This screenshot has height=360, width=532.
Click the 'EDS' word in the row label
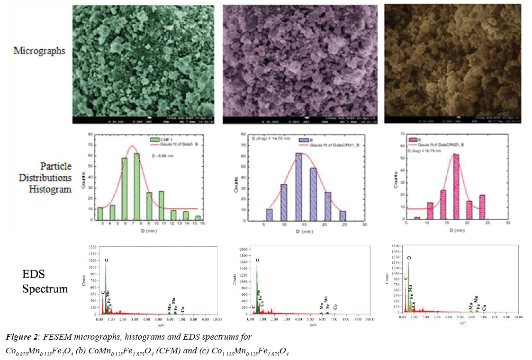tap(34, 274)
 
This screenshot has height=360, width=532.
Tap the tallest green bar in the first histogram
tap(137, 187)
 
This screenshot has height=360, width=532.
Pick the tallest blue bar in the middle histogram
tap(299, 187)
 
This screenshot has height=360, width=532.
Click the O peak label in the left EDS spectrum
tap(106, 261)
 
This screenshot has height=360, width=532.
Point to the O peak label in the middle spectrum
tap(257, 260)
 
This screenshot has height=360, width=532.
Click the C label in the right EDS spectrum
tap(406, 278)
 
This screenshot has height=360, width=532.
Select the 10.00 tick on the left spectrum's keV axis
tap(217, 320)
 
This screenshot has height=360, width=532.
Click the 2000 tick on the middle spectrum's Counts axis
tap(245, 248)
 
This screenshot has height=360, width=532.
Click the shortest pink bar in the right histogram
tap(417, 218)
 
